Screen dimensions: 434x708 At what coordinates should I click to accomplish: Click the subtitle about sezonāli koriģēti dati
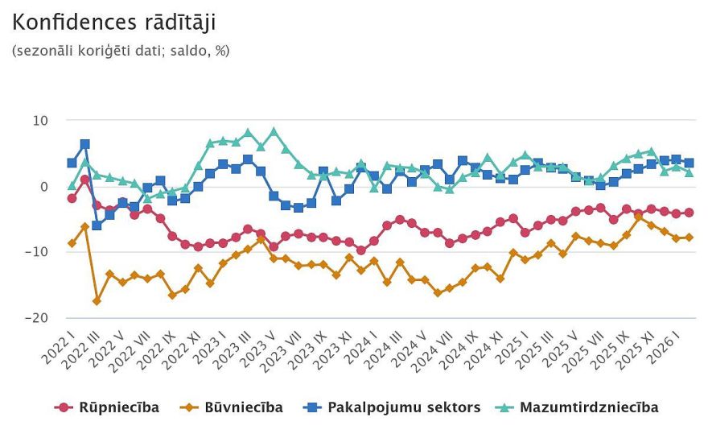(x=121, y=50)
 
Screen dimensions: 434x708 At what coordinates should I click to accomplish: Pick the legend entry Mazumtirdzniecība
(x=588, y=407)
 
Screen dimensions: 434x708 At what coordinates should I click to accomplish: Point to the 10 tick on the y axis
(x=40, y=121)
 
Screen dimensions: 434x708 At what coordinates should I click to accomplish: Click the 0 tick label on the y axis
(x=44, y=187)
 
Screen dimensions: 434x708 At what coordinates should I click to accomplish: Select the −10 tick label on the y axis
(x=36, y=252)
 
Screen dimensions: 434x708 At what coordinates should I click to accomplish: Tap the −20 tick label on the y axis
(x=36, y=318)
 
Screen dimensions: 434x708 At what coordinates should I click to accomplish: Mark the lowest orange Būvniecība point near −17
(x=97, y=300)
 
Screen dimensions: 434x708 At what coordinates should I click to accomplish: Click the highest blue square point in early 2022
(x=84, y=144)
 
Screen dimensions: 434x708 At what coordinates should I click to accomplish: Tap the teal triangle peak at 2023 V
(x=274, y=131)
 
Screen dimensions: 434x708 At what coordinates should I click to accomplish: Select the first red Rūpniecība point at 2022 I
(x=72, y=198)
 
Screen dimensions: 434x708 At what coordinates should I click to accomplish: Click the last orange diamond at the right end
(x=689, y=238)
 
